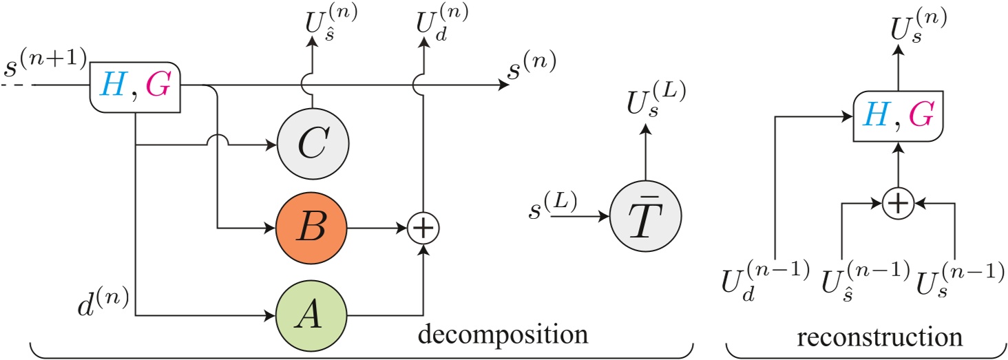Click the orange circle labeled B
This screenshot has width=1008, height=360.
311,226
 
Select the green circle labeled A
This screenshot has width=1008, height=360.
311,316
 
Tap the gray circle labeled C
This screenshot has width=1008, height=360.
311,145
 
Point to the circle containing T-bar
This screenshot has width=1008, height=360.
645,215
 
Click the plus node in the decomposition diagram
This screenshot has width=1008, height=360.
423,226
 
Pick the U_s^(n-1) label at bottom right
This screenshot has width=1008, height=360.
958,283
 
